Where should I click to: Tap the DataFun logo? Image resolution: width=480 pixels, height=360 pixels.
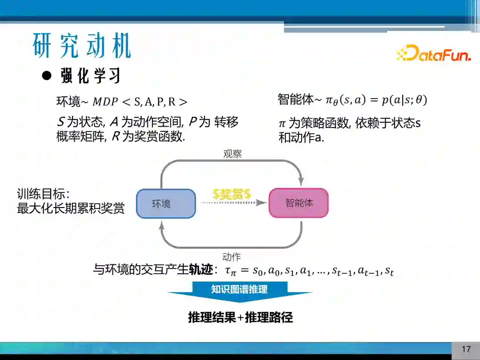pyautogui.click(x=433, y=54)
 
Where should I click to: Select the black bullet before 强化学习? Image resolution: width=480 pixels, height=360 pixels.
pyautogui.click(x=47, y=75)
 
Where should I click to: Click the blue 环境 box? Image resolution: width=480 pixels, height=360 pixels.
pyautogui.click(x=166, y=204)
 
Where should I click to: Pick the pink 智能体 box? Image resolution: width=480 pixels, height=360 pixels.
pyautogui.click(x=299, y=203)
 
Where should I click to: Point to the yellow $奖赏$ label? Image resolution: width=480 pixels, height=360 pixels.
pyautogui.click(x=232, y=194)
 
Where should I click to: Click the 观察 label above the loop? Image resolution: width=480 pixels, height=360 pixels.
pyautogui.click(x=232, y=154)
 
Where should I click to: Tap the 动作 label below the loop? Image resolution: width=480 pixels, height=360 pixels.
pyautogui.click(x=231, y=257)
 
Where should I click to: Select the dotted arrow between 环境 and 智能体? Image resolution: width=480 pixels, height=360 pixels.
pyautogui.click(x=233, y=203)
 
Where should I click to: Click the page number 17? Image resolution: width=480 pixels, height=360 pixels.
pyautogui.click(x=466, y=349)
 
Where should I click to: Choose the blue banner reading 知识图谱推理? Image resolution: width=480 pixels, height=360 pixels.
pyautogui.click(x=240, y=290)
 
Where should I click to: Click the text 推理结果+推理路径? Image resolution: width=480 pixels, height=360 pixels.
pyautogui.click(x=240, y=317)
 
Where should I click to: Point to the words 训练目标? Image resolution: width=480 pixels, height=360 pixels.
pyautogui.click(x=40, y=194)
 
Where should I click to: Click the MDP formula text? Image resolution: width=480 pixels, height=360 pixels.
pyautogui.click(x=140, y=102)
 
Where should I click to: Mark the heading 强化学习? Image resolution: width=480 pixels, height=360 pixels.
pyautogui.click(x=91, y=76)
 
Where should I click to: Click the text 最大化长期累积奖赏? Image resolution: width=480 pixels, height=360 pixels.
pyautogui.click(x=71, y=208)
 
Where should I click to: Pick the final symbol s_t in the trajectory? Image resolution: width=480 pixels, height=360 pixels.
pyautogui.click(x=389, y=271)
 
